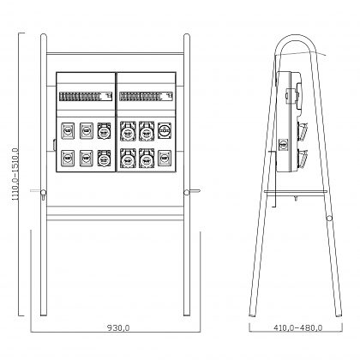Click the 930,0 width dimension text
[118, 328]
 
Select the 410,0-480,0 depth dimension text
[298, 327]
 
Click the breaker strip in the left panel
[86, 96]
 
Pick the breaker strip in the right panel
[146, 96]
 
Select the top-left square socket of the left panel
[68, 131]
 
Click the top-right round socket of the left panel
[104, 131]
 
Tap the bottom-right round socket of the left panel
[104, 159]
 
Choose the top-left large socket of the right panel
[128, 131]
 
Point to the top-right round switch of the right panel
[165, 131]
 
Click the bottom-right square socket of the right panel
[165, 159]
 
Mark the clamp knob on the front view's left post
[43, 193]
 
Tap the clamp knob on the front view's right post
[187, 192]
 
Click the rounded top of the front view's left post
[44, 36]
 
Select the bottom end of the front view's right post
[187, 315]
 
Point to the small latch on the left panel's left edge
[54, 144]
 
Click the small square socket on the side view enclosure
[283, 145]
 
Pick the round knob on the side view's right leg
[329, 218]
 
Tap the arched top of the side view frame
[296, 37]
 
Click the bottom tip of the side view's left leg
[252, 315]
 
